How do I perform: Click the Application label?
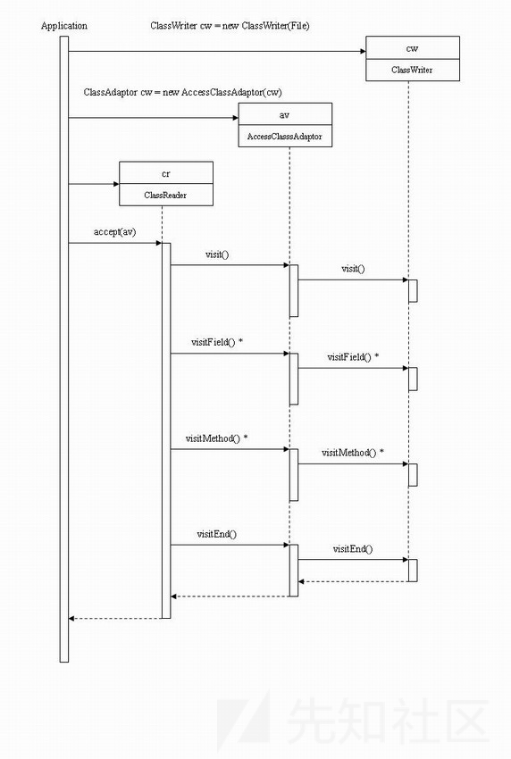click(x=64, y=26)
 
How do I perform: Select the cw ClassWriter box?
click(x=412, y=58)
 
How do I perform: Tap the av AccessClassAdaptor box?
click(x=285, y=125)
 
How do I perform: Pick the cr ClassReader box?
click(x=166, y=183)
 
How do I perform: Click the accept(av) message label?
click(x=114, y=232)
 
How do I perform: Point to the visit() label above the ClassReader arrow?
click(x=217, y=254)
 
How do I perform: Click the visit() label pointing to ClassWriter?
click(x=353, y=269)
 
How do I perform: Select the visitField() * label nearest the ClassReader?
click(x=217, y=342)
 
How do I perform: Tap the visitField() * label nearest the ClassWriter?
click(x=353, y=357)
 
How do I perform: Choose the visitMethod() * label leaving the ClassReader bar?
click(x=216, y=438)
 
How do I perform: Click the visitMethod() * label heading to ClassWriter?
click(x=353, y=453)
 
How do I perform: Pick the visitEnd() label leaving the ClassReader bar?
click(x=216, y=534)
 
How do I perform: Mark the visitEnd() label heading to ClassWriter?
click(x=353, y=549)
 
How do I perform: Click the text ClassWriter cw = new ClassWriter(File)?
click(x=230, y=26)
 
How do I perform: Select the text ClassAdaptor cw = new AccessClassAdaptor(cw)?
click(x=182, y=92)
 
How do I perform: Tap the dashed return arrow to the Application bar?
click(x=115, y=618)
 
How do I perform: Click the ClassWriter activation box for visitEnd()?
click(x=413, y=571)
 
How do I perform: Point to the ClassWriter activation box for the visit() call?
click(x=413, y=291)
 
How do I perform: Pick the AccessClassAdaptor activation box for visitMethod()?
click(x=294, y=475)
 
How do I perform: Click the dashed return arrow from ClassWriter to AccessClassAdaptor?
click(x=353, y=581)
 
